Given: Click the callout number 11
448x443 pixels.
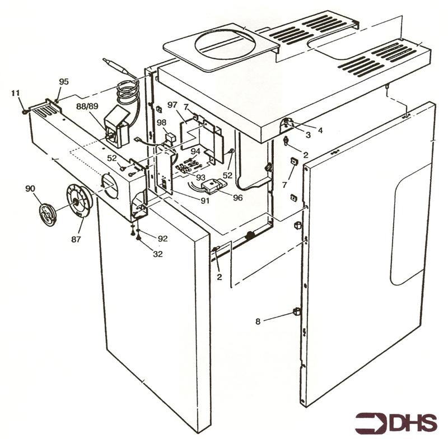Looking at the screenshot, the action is [x=16, y=93].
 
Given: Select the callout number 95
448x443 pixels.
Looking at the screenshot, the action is [x=64, y=81].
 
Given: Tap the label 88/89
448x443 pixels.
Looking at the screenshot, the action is [x=87, y=106].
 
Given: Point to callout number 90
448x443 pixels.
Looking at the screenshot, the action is [x=30, y=188].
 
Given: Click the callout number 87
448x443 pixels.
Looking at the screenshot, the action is [x=76, y=239].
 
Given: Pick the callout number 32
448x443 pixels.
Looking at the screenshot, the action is [x=158, y=254].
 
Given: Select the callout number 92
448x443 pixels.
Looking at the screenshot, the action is [x=162, y=238].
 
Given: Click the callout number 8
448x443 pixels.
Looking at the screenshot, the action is [x=258, y=321].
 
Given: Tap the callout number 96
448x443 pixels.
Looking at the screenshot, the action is [x=237, y=198].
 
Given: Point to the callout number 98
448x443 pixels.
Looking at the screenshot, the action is [x=161, y=122].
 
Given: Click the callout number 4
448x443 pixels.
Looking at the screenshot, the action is [x=320, y=130].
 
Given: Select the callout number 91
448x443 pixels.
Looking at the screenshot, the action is [x=205, y=200].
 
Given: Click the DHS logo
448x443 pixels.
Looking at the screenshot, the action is [x=396, y=423].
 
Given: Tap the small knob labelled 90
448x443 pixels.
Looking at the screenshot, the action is [x=48, y=214].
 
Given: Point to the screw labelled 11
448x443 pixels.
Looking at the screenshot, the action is [x=25, y=112].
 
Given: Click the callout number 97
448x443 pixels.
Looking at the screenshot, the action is [x=172, y=105].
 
